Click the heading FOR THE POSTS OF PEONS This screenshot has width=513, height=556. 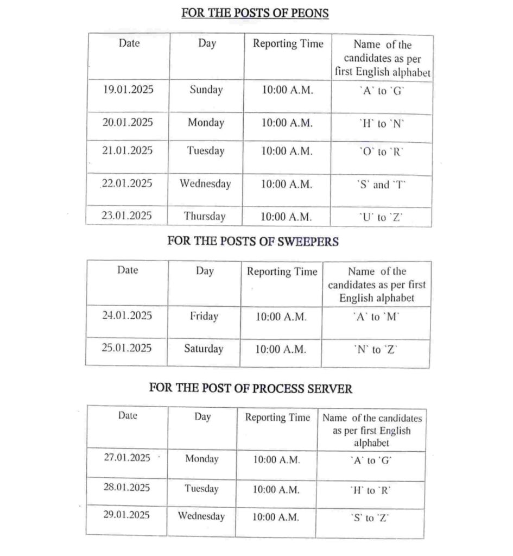255,13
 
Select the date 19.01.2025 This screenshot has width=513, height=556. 128,90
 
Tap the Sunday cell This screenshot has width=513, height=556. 206,90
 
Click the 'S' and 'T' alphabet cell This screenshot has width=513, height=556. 382,185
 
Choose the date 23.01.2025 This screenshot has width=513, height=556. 127,216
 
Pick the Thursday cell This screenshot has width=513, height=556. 205,216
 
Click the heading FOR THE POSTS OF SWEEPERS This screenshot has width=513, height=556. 253,242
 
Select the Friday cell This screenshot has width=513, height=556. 204,316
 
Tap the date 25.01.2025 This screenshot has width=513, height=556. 126,348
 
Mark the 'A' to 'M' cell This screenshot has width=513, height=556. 376,317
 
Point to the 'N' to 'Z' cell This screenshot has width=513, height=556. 376,350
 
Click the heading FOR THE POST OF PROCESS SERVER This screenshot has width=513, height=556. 251,389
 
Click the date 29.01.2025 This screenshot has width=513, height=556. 127,514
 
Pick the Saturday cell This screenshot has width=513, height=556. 204,349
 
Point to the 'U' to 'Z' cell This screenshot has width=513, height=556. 382,218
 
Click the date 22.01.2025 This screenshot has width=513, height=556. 127,184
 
